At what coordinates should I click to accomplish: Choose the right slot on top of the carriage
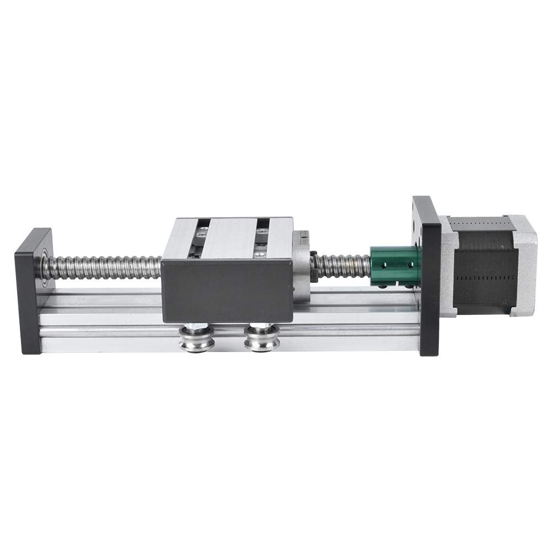click(x=261, y=237)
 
